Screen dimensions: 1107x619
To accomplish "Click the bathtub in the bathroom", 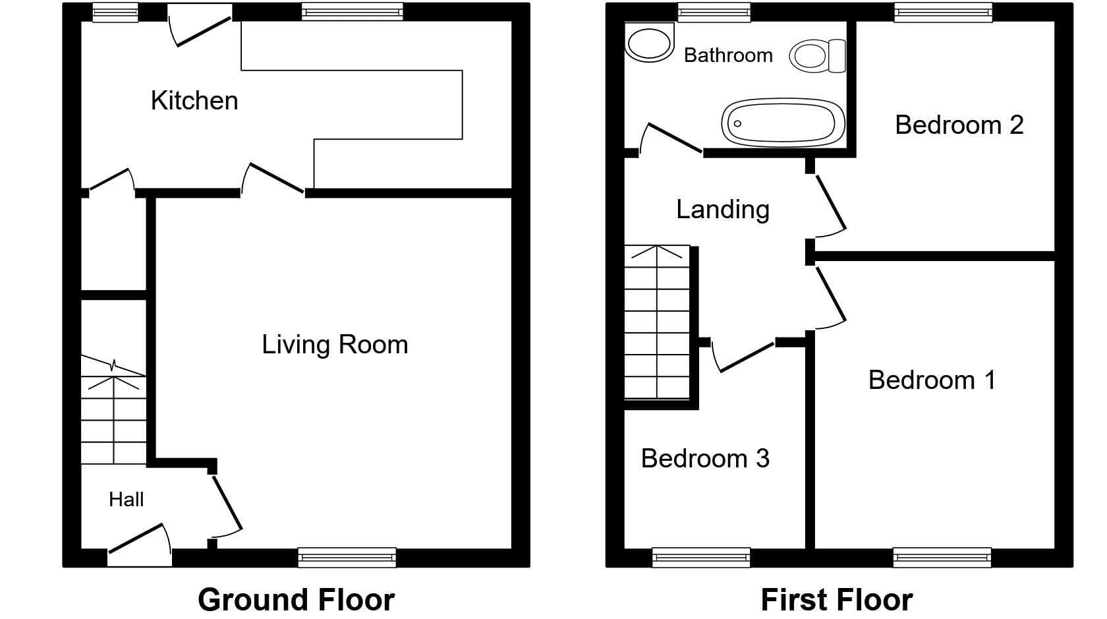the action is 783,123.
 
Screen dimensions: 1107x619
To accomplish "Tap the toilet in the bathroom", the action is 817,55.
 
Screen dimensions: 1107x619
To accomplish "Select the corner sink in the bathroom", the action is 649,42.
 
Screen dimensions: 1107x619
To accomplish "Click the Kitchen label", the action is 194,101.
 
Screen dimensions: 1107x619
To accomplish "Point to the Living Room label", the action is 335,345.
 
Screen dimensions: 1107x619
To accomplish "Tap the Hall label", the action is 126,500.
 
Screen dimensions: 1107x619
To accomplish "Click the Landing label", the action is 722,210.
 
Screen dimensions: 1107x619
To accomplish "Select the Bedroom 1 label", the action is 932,380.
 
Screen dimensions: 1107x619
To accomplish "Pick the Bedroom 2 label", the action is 959,125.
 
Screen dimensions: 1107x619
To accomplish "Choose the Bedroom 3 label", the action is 705,459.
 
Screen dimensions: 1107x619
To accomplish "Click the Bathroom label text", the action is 728,55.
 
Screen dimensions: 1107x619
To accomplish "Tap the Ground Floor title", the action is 296,600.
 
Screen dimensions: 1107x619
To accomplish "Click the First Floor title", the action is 837,600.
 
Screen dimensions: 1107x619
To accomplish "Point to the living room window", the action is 347,557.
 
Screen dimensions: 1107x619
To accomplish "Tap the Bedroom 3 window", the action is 701,557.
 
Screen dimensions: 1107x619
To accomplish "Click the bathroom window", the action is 714,13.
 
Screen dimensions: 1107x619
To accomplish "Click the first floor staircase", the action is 658,322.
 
